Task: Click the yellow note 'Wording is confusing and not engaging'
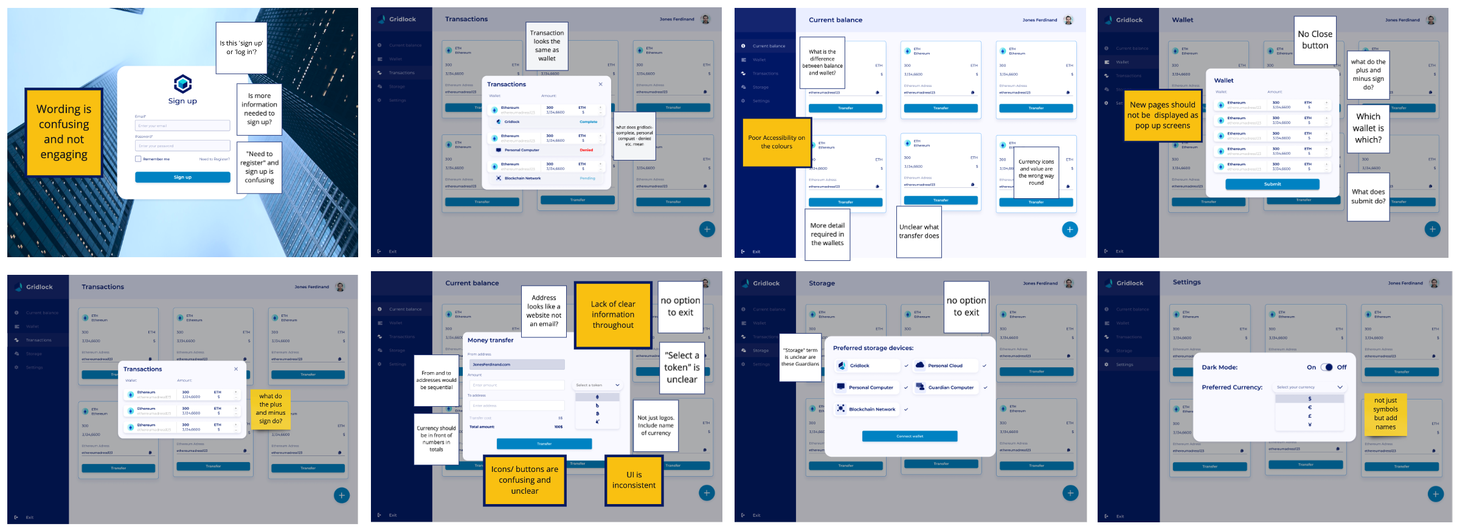[64, 132]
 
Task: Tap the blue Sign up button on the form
[182, 178]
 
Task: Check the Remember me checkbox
[138, 159]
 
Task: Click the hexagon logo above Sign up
[182, 83]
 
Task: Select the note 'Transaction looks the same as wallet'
[547, 46]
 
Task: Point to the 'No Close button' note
[1315, 40]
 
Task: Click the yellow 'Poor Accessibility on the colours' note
[776, 142]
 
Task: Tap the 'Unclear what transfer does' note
[919, 231]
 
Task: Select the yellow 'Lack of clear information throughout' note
[612, 314]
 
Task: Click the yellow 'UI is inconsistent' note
[634, 480]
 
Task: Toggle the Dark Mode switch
[1326, 367]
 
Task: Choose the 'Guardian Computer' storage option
[950, 387]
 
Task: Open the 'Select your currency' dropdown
[1309, 387]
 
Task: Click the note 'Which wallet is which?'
[1368, 128]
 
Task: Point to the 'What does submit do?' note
[1368, 196]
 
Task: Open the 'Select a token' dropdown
[598, 385]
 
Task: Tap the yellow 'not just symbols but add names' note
[1385, 413]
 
